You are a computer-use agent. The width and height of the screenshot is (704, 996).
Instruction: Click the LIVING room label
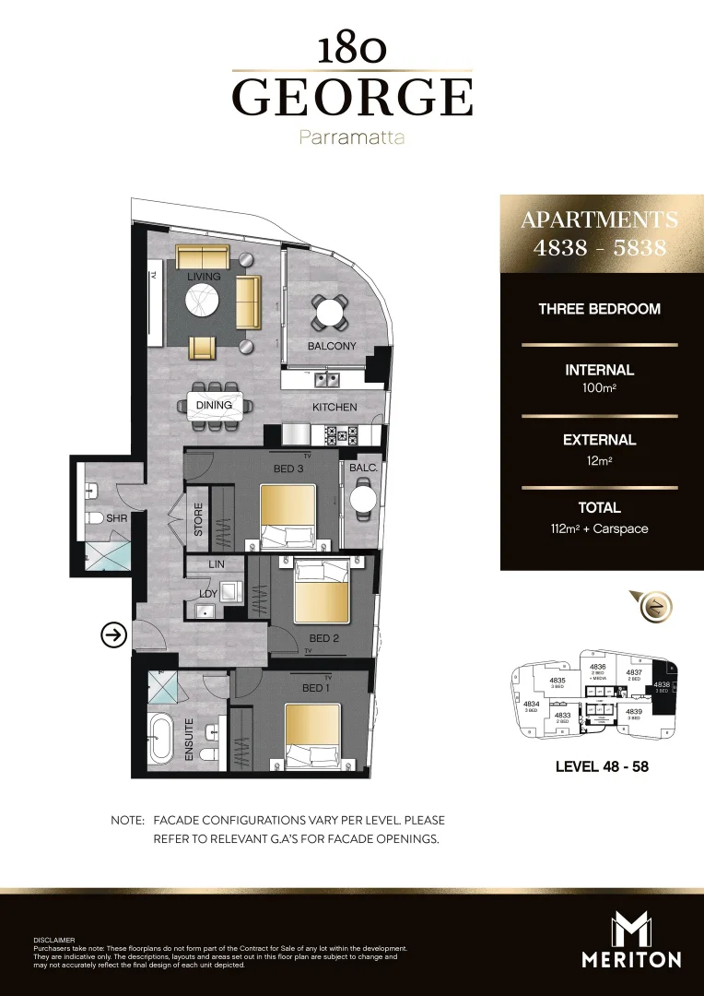pyautogui.click(x=204, y=277)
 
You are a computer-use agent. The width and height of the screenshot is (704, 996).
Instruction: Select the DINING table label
pyautogui.click(x=214, y=405)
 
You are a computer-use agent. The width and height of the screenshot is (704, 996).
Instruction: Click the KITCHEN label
pyautogui.click(x=334, y=407)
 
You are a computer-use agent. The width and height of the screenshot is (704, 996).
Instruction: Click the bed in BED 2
pyautogui.click(x=321, y=591)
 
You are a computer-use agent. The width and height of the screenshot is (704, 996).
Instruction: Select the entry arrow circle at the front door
pyautogui.click(x=113, y=634)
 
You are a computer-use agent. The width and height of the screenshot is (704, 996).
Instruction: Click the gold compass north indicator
pyautogui.click(x=656, y=606)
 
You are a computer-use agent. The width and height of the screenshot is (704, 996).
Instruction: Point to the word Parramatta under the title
pyautogui.click(x=352, y=138)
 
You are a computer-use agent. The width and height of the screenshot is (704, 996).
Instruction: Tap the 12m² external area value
pyautogui.click(x=600, y=459)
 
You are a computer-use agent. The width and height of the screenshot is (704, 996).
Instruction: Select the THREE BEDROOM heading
pyautogui.click(x=600, y=309)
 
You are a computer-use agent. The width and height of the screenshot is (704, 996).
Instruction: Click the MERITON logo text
pyautogui.click(x=631, y=959)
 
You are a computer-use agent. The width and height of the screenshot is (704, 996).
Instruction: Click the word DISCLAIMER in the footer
pyautogui.click(x=53, y=940)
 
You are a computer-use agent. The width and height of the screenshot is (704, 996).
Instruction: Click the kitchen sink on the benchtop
pyautogui.click(x=324, y=378)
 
